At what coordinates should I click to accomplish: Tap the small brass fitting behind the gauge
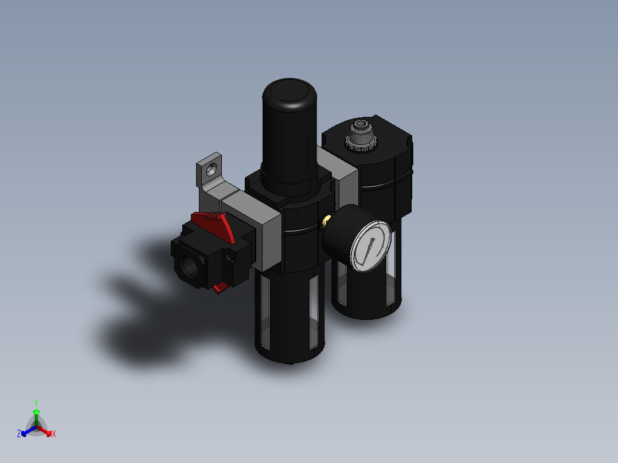point(326,220)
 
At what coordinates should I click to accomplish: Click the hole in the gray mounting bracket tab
point(212,169)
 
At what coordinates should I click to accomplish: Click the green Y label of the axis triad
point(36,402)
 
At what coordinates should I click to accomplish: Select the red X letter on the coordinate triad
point(54,434)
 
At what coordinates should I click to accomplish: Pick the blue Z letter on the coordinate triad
point(19,434)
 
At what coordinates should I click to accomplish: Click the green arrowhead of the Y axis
point(36,411)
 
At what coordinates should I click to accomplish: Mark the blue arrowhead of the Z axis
point(24,432)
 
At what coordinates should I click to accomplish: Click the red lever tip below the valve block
point(218,289)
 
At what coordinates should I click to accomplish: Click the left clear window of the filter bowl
point(264,309)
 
